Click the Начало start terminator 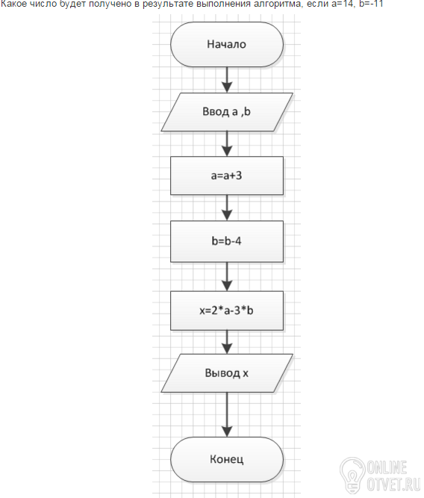tap(227, 45)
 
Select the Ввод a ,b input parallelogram tap(227, 112)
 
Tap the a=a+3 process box tap(227, 175)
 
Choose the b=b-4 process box tap(227, 241)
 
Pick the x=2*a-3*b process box tap(227, 311)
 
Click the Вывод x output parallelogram tap(227, 373)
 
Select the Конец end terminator tap(227, 460)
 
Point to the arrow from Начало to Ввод tap(227, 80)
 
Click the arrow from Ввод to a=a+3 tap(227, 144)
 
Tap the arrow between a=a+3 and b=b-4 tap(227, 208)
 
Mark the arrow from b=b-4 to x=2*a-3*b tap(227, 277)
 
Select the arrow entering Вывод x tap(227, 342)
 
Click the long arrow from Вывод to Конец tap(227, 415)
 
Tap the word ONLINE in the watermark tap(387, 467)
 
